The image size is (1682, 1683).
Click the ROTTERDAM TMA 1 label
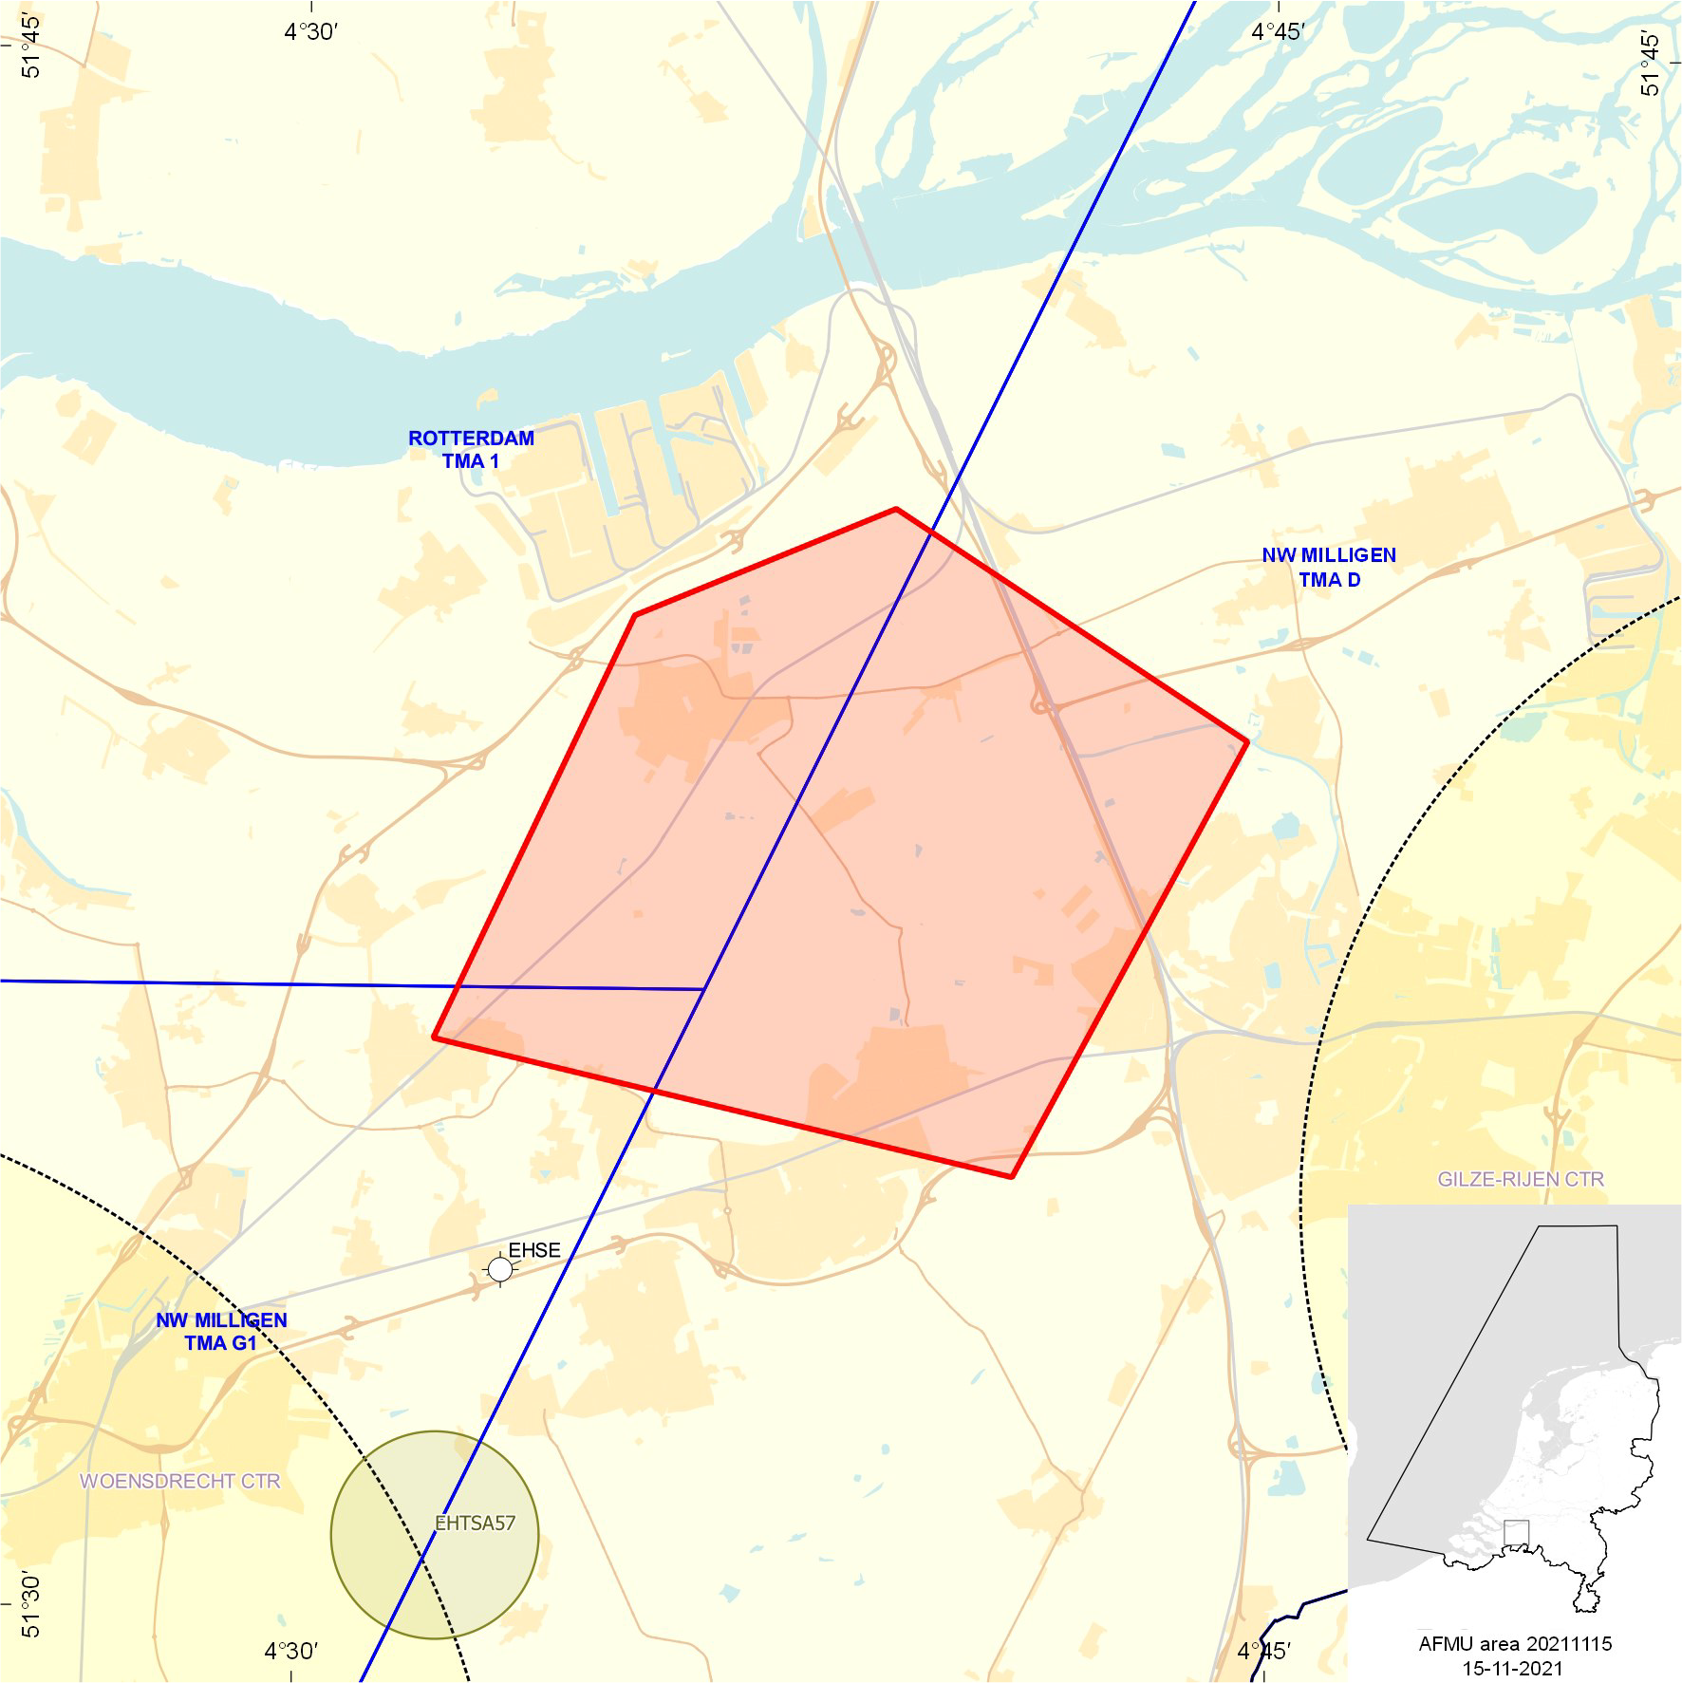pyautogui.click(x=471, y=450)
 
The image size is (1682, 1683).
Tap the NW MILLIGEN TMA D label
pyautogui.click(x=1329, y=568)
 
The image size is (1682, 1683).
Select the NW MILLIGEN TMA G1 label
pyautogui.click(x=221, y=1332)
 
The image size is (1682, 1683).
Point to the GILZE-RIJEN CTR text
pyautogui.click(x=1521, y=1180)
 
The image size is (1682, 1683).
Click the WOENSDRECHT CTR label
pyautogui.click(x=180, y=1482)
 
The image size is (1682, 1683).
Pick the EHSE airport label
pyautogui.click(x=534, y=1251)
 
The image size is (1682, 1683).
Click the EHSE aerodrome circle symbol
pyautogui.click(x=500, y=1268)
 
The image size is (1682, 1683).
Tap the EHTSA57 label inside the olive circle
pyautogui.click(x=475, y=1524)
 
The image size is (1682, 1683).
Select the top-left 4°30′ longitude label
pyautogui.click(x=310, y=32)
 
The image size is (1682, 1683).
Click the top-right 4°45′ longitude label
pyautogui.click(x=1278, y=32)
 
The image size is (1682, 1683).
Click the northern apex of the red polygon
pyautogui.click(x=896, y=510)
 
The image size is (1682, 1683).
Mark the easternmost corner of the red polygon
pyautogui.click(x=1246, y=742)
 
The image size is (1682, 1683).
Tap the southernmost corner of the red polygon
pyautogui.click(x=1012, y=1177)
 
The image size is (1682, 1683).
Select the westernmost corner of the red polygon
pyautogui.click(x=434, y=1038)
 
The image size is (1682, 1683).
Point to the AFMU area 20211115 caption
pyautogui.click(x=1515, y=1644)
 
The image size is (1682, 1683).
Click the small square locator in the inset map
pyautogui.click(x=1517, y=1533)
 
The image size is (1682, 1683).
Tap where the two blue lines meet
pyautogui.click(x=703, y=989)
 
